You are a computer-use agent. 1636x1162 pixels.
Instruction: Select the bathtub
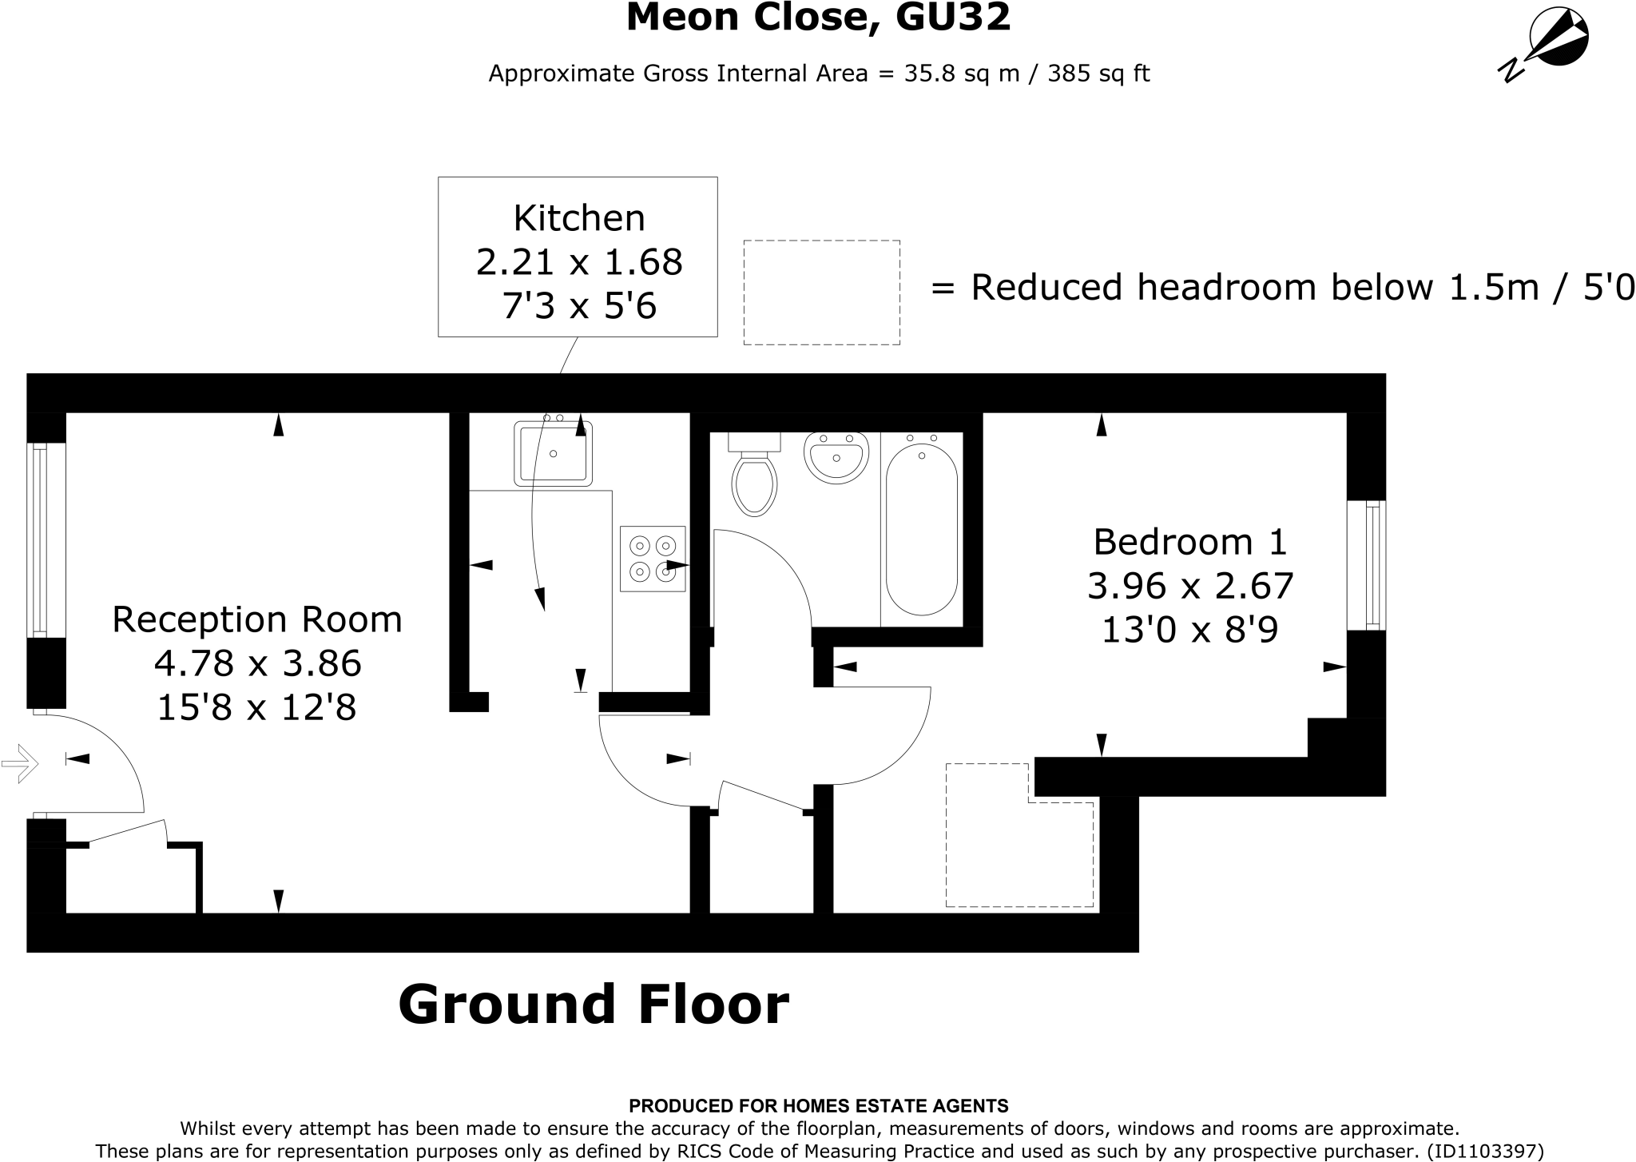point(921,529)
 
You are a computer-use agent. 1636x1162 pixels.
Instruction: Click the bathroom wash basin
point(836,458)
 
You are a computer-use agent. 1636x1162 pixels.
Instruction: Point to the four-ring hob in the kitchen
point(653,559)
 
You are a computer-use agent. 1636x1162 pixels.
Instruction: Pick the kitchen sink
point(553,454)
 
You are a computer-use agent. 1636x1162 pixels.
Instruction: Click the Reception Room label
point(256,619)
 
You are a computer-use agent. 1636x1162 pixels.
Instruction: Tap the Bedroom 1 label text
point(1189,542)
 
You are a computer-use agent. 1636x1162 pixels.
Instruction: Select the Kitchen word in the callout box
point(578,218)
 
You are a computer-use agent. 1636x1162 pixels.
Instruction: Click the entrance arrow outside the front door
point(20,763)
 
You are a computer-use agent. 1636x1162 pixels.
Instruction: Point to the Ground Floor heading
point(593,1005)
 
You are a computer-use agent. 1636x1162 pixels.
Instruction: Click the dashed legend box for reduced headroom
point(821,292)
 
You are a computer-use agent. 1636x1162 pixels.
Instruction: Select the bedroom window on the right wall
point(1367,565)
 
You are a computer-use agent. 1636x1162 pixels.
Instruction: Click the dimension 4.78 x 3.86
point(257,663)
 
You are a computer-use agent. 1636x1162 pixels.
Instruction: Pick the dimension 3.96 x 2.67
point(1189,587)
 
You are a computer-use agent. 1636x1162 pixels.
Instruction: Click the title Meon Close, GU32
point(818,18)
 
